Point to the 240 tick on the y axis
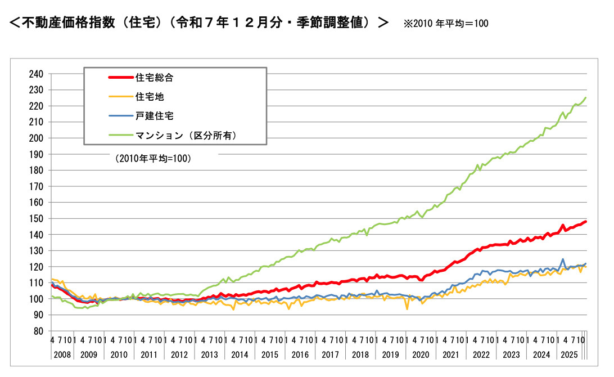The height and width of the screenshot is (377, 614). coord(36,74)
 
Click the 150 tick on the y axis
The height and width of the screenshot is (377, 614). coord(36,219)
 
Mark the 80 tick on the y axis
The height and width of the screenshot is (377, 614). coord(38,331)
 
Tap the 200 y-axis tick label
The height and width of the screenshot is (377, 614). coord(36,138)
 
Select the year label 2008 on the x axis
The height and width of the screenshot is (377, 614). coord(62,354)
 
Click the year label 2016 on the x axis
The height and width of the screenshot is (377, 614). coord(300,354)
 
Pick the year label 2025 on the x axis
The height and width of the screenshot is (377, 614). coord(569,354)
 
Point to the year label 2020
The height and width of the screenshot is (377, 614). coord(421,354)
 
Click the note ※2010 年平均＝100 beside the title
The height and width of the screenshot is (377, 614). coord(446,24)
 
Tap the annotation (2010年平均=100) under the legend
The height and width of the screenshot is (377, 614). coord(153,158)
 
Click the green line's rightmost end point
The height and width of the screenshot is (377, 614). coord(586,97)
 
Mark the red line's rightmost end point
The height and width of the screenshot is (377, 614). coord(586,222)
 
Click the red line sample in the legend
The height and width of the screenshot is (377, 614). coord(120,78)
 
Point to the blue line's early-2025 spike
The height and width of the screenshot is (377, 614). coord(563,259)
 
